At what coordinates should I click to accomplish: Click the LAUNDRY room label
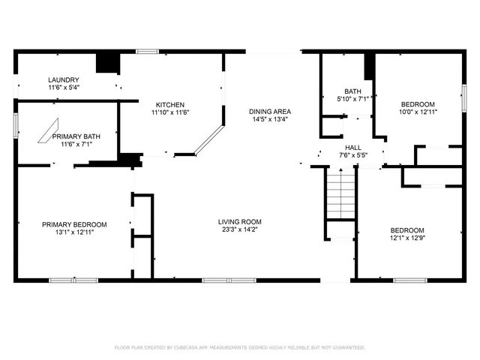64,80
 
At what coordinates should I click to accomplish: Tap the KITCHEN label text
170,104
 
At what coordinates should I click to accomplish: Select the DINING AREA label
270,112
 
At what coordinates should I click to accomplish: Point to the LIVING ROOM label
239,221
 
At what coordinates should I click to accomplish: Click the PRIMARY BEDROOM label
73,224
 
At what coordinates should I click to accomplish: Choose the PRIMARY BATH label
81,136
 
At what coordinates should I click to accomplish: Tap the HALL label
353,148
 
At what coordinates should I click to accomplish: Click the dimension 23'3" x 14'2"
239,229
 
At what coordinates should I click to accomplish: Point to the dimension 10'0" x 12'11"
418,112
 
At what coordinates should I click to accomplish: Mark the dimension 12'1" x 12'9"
407,238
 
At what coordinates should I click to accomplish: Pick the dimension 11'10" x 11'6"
170,112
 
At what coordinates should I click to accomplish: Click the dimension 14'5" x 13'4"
270,119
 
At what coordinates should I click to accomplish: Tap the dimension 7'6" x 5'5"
353,155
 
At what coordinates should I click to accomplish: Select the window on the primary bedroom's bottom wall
73,280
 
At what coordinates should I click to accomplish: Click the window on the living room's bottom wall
229,280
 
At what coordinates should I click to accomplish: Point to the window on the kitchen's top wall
147,51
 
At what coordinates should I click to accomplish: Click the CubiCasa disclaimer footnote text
239,347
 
